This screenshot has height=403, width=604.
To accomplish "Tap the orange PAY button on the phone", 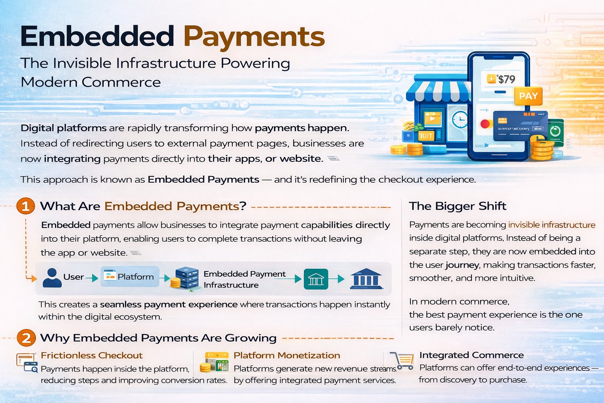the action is [x=528, y=96].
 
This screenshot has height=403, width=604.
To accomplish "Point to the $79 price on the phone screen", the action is [x=501, y=79].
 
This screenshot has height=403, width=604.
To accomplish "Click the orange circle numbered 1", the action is [x=26, y=206].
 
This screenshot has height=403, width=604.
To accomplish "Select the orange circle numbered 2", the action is [x=26, y=338].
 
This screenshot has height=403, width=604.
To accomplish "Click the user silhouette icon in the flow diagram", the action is [x=52, y=277].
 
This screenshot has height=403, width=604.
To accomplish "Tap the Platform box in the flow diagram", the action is [x=130, y=276].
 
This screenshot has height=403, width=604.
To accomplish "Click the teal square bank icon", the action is [x=316, y=279].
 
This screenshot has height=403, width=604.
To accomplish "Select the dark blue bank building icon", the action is [x=366, y=279].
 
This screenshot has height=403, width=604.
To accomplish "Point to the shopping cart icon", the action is [x=402, y=360].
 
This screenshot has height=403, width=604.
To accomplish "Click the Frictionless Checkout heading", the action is [x=92, y=355].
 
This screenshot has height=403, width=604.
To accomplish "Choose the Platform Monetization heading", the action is [x=287, y=355].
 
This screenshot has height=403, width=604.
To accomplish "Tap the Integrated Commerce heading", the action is [x=471, y=355].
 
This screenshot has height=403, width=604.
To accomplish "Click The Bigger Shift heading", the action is [x=458, y=206].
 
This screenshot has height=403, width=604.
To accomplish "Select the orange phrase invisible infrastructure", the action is [x=552, y=225].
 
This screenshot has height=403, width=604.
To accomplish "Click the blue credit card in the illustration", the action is [x=520, y=126].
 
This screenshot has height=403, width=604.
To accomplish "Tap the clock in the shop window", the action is [x=459, y=119].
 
